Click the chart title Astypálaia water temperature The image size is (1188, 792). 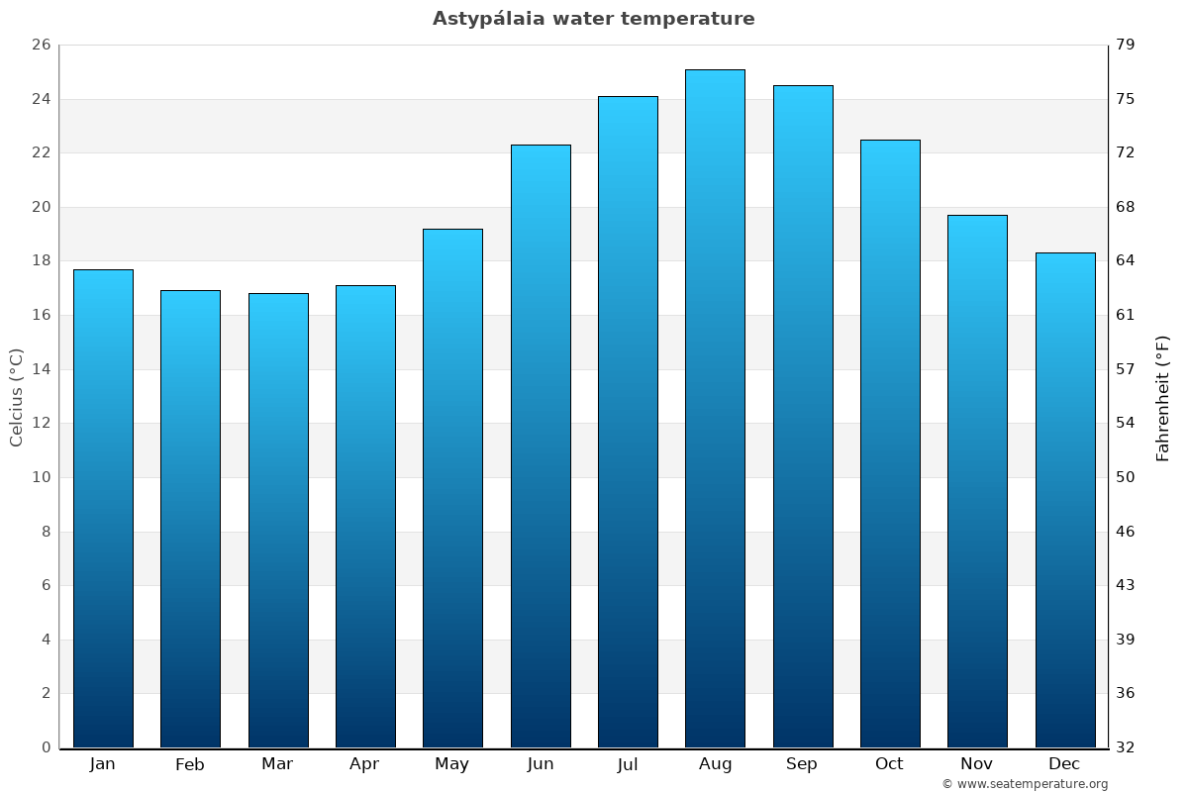point(593,19)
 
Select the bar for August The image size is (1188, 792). point(715,408)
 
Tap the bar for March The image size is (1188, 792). point(278,520)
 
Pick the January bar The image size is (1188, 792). point(103,508)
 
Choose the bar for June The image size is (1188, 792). point(541,445)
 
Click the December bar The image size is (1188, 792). point(1065,500)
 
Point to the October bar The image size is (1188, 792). point(890,444)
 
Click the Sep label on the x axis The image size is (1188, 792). point(802,764)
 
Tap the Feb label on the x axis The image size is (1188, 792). point(190,764)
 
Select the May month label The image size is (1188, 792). point(452,764)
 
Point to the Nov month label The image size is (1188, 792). point(976,764)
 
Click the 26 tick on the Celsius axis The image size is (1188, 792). point(41,46)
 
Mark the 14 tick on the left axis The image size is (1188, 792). point(41,369)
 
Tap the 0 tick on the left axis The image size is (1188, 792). point(46,747)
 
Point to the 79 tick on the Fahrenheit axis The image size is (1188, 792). point(1126,46)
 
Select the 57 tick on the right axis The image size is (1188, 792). point(1126,369)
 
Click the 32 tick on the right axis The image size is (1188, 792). point(1126,747)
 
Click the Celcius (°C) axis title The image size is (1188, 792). point(16,397)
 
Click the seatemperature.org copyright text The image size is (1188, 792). point(1025,784)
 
